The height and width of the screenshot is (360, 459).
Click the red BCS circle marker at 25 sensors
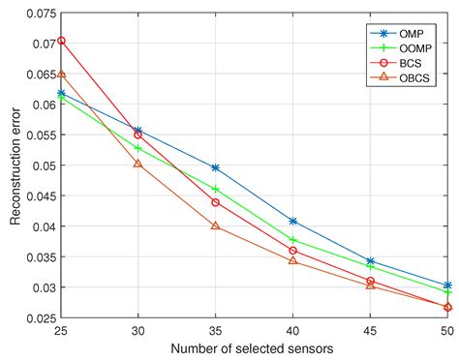click(61, 41)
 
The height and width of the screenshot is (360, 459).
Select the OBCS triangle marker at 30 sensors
click(138, 164)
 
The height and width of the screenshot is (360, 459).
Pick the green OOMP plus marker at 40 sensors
click(292, 239)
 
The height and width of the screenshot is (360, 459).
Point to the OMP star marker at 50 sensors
click(447, 285)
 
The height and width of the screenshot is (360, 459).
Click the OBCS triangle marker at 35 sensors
click(215, 225)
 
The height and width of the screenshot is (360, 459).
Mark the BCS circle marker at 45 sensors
click(370, 281)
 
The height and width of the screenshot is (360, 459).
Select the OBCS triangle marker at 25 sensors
click(61, 74)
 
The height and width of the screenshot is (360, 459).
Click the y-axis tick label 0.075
click(40, 15)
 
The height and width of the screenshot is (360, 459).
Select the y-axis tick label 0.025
click(40, 317)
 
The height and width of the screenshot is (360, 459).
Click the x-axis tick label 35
click(215, 331)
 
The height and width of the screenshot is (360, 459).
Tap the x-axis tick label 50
click(446, 331)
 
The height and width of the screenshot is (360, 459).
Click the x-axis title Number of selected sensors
click(254, 347)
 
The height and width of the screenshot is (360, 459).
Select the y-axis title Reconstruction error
click(15, 165)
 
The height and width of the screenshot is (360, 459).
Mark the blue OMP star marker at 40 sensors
click(292, 222)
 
